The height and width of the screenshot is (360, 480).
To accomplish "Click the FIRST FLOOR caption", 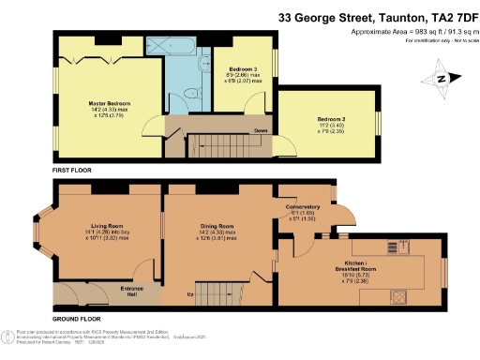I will click(x=71, y=170).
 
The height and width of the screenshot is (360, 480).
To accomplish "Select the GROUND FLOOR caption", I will click(x=76, y=320).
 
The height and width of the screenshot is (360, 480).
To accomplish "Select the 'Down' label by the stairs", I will click(x=261, y=130).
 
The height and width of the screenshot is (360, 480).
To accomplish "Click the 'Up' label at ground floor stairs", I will click(x=192, y=294).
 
